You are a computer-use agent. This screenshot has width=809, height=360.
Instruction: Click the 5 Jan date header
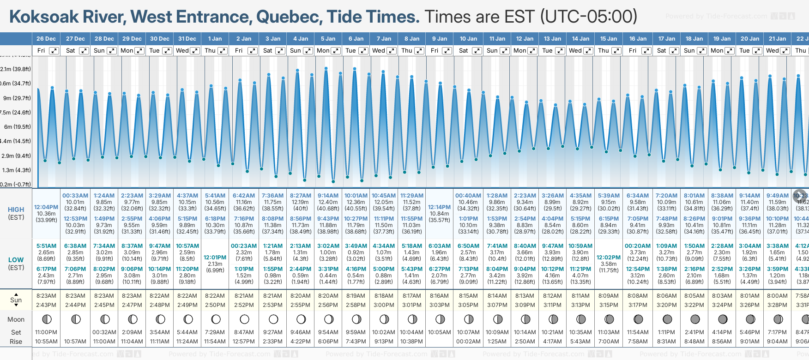tap(328, 39)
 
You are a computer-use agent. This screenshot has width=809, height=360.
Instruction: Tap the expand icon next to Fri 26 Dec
tap(54, 51)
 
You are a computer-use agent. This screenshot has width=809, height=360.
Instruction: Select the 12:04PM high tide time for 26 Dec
tap(46, 207)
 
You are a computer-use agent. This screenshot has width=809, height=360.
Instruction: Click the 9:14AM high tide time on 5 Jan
tap(328, 196)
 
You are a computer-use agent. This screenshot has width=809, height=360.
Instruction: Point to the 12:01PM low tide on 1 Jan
tap(215, 258)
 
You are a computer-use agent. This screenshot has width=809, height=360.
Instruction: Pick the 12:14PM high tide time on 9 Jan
tap(439, 207)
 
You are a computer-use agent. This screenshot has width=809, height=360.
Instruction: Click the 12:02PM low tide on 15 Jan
tap(609, 258)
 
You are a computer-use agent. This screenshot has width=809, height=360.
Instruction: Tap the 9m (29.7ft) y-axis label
tap(16, 98)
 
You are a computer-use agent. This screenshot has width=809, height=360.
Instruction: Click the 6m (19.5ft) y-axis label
tap(17, 126)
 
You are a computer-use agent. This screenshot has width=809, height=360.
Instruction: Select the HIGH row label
tap(16, 210)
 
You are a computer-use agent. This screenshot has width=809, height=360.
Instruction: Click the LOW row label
tap(16, 260)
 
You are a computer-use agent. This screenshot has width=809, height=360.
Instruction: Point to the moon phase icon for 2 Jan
tap(244, 319)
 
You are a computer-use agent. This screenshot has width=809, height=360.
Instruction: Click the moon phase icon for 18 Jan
tap(694, 319)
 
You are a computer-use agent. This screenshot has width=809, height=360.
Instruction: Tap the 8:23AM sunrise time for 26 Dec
tap(46, 296)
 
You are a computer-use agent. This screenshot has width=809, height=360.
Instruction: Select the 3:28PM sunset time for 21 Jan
tap(777, 305)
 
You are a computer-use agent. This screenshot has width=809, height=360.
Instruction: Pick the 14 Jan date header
tap(580, 39)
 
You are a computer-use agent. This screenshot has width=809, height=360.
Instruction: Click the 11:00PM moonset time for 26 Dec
tap(46, 332)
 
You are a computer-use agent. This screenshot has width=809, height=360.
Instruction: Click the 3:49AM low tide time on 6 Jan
tap(356, 246)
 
